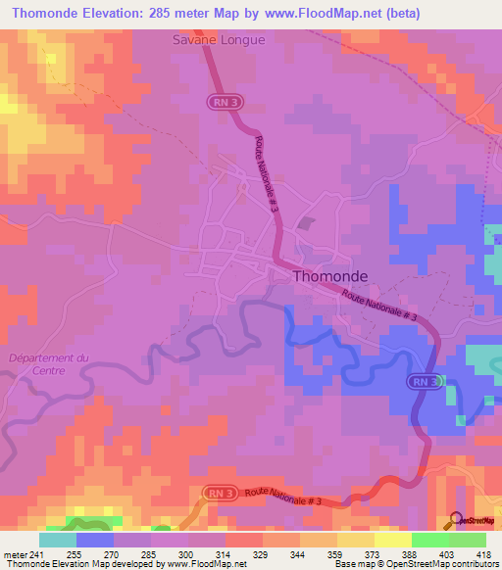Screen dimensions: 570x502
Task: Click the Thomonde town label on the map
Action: tap(330, 277)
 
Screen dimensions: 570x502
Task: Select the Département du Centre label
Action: tap(47, 363)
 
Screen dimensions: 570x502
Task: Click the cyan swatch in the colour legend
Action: tap(58, 540)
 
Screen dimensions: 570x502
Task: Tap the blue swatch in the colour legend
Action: tap(95, 540)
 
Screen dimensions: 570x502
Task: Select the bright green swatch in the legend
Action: tap(430, 540)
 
